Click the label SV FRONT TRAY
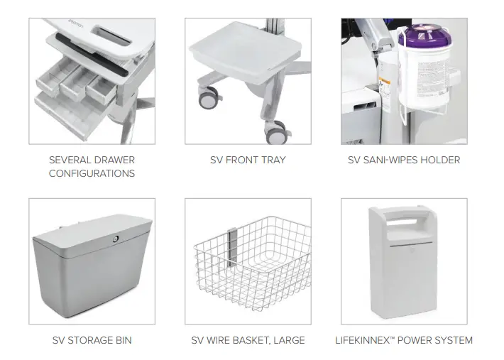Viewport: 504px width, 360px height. point(247,160)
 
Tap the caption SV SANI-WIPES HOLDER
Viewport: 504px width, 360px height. point(403,160)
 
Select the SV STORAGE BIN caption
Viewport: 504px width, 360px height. point(92,340)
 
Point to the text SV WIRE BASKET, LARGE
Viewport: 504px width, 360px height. point(248,340)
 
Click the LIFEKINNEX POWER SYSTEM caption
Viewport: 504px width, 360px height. point(403,340)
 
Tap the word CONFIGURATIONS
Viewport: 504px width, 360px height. point(92,173)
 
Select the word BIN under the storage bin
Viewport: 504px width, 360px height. point(121,340)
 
